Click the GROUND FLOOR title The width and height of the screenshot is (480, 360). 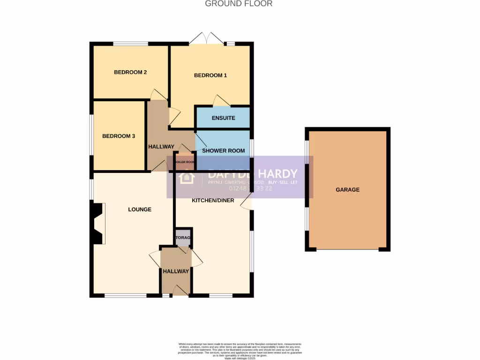pyautogui.click(x=239, y=4)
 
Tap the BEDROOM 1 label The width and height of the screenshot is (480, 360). pyautogui.click(x=210, y=75)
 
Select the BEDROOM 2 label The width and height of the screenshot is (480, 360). pyautogui.click(x=130, y=72)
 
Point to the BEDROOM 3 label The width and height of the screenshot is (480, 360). pyautogui.click(x=119, y=136)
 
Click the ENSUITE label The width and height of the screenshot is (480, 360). pyautogui.click(x=223, y=118)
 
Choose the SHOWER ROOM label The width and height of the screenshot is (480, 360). pyautogui.click(x=223, y=150)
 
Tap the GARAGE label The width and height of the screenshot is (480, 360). pyautogui.click(x=347, y=190)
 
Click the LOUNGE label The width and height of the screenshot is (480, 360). pyautogui.click(x=140, y=210)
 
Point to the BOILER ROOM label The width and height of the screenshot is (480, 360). pyautogui.click(x=184, y=162)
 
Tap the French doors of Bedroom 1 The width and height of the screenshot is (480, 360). pyautogui.click(x=206, y=39)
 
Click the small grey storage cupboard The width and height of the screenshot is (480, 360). pyautogui.click(x=183, y=238)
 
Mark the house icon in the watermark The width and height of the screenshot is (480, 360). pyautogui.click(x=186, y=177)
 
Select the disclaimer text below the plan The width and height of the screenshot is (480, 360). pyautogui.click(x=240, y=351)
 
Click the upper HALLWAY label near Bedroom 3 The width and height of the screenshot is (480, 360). pyautogui.click(x=161, y=147)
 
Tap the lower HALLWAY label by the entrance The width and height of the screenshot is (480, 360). pyautogui.click(x=176, y=271)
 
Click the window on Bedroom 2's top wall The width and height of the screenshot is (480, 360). pyautogui.click(x=131, y=44)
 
